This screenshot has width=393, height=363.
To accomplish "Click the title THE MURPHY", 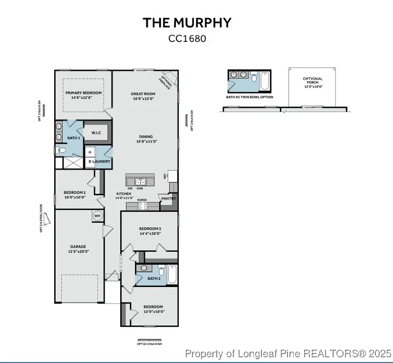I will pyautogui.click(x=187, y=23).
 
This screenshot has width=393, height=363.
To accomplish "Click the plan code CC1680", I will pyautogui.click(x=187, y=38).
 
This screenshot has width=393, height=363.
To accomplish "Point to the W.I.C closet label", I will pyautogui.click(x=96, y=133).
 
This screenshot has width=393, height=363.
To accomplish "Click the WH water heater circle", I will pyautogui.click(x=97, y=216).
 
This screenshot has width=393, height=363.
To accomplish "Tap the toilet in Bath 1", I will pyautogui.click(x=61, y=150).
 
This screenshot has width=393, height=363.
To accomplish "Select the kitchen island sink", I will pyautogui.click(x=141, y=182).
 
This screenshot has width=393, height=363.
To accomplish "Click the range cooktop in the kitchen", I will pyautogui.click(x=142, y=206).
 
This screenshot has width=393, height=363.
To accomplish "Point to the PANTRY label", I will pyautogui.click(x=169, y=199).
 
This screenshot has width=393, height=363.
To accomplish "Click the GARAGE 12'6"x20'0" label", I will pyautogui.click(x=78, y=249).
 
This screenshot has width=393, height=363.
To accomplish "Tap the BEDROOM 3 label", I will pyautogui.click(x=150, y=231).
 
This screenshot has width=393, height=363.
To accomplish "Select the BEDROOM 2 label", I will pyautogui.click(x=75, y=195).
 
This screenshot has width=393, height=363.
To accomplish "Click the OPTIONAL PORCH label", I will pyautogui.click(x=313, y=83).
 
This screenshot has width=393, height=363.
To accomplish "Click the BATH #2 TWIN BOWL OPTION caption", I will pyautogui.click(x=249, y=97).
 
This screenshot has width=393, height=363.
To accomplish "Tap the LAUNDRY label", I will pyautogui.click(x=101, y=162).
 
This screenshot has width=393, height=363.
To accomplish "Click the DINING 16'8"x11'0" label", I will pyautogui.click(x=146, y=139).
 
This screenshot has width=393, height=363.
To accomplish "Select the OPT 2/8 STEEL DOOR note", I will pyautogui.click(x=41, y=218).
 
